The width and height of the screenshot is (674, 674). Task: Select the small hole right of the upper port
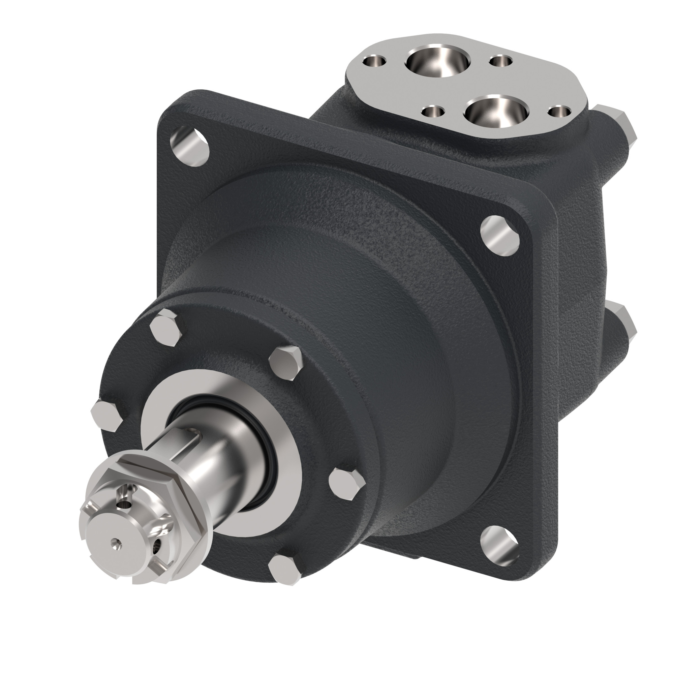(x=501, y=62)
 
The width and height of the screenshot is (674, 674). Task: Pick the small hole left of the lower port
(x=433, y=112)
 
